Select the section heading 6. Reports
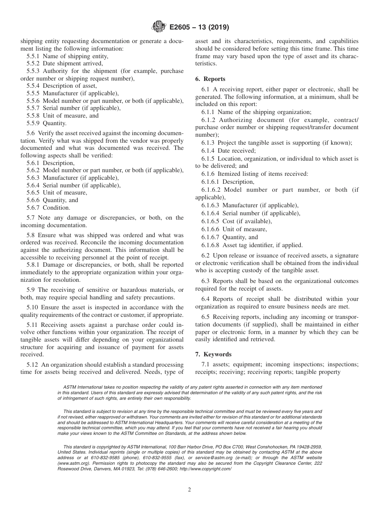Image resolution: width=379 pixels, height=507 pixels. pyautogui.click(x=210, y=79)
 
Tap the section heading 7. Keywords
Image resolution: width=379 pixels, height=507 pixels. pyautogui.click(x=213, y=354)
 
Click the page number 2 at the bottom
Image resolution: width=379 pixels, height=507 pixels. pyautogui.click(x=189, y=490)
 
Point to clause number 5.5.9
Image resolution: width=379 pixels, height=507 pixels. pyautogui.click(x=33, y=124)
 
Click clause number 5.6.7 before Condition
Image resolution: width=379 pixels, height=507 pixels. pyautogui.click(x=33, y=208)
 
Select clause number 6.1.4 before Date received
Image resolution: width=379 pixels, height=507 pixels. pyautogui.click(x=208, y=151)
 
